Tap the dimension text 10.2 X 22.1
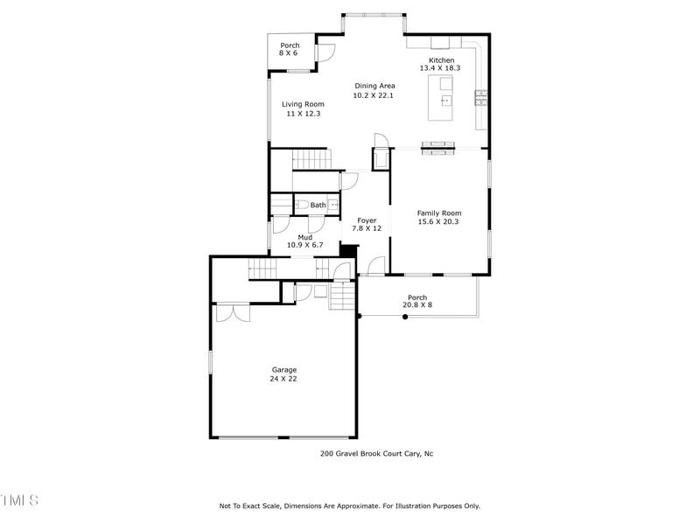point(374,95)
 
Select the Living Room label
point(303,104)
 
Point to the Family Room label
point(438,213)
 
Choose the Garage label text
point(283,370)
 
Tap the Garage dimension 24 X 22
point(283,379)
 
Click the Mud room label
point(305,237)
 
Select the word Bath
point(318,206)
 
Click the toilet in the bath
point(300,206)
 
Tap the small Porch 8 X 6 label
point(289,49)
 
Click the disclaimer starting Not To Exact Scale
point(349,506)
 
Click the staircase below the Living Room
point(311,160)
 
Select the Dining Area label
point(374,86)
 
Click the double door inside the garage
point(233,312)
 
